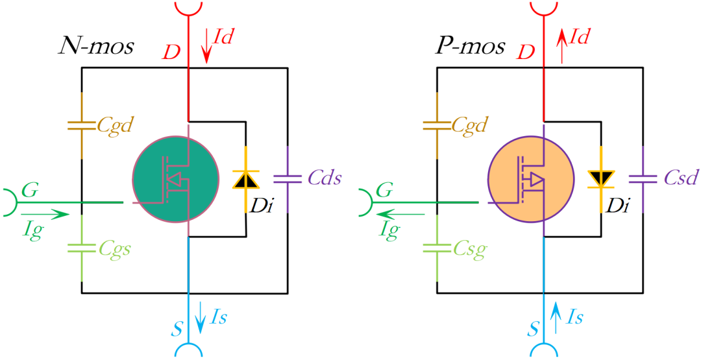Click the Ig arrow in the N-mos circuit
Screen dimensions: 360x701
coord(44,213)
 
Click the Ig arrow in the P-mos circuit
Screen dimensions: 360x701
coord(399,213)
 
